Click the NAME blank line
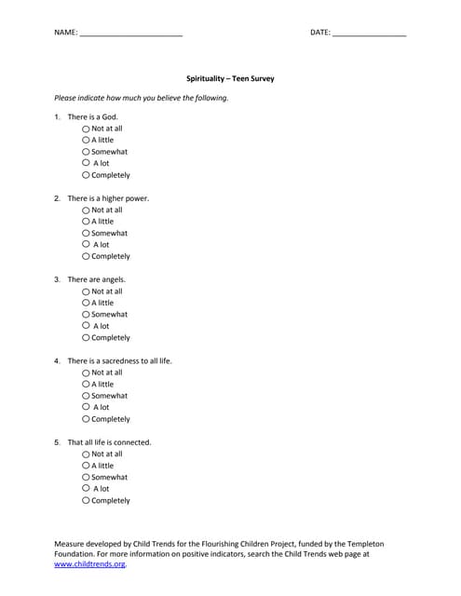(x=130, y=34)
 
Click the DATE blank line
(x=369, y=34)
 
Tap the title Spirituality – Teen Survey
(x=230, y=79)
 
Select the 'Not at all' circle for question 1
(x=86, y=129)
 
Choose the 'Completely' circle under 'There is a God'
(x=86, y=175)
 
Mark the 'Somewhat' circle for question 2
(x=86, y=233)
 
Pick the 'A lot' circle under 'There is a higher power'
(x=86, y=245)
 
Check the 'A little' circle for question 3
(x=86, y=303)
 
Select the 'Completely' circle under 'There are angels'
(x=86, y=338)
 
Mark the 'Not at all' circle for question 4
(x=86, y=372)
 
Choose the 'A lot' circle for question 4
(x=86, y=407)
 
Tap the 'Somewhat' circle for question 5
(x=86, y=477)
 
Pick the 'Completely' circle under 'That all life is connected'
(x=86, y=500)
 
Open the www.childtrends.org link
(x=89, y=564)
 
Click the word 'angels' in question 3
(x=113, y=279)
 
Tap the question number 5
(x=57, y=442)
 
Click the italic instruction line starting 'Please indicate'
(x=141, y=98)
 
